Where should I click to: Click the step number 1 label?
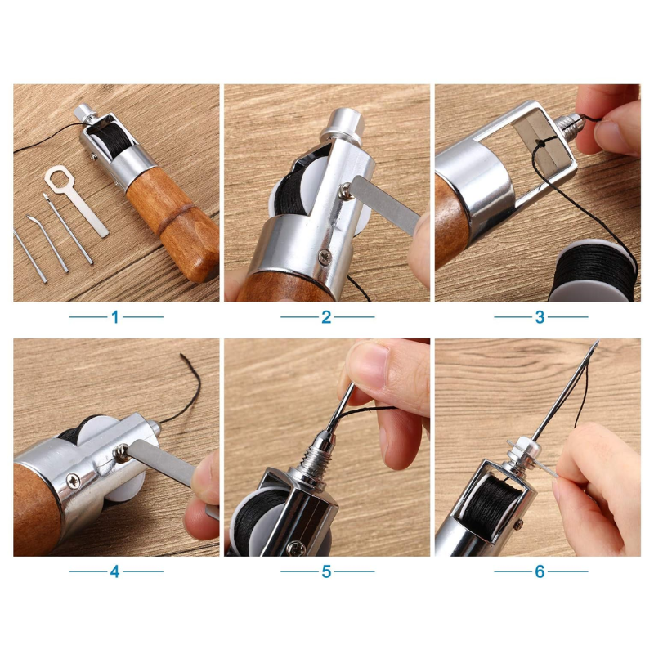pyautogui.click(x=115, y=317)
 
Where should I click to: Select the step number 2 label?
pyautogui.click(x=326, y=317)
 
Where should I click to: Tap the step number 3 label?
pyautogui.click(x=540, y=317)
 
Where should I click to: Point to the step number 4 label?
pyautogui.click(x=115, y=571)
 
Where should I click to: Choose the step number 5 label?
pyautogui.click(x=326, y=571)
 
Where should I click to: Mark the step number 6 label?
pyautogui.click(x=540, y=571)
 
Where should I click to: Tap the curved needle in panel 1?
pyautogui.click(x=47, y=242)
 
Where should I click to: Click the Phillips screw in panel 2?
pyautogui.click(x=324, y=257)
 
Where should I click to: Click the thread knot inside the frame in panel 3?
pyautogui.click(x=541, y=144)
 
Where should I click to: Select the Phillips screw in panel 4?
pyautogui.click(x=74, y=482)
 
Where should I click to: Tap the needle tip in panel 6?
pyautogui.click(x=598, y=343)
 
